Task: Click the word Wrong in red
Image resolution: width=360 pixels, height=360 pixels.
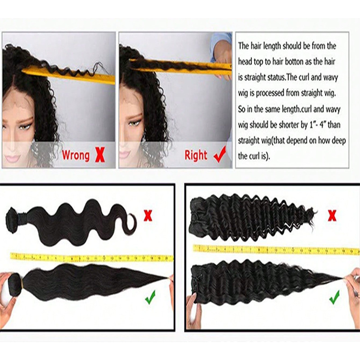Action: pyautogui.click(x=76, y=155)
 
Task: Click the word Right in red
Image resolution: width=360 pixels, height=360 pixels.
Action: pyautogui.click(x=196, y=155)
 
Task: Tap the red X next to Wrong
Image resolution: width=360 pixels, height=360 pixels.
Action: pyautogui.click(x=99, y=155)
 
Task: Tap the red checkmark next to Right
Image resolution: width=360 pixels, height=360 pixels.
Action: pyautogui.click(x=220, y=155)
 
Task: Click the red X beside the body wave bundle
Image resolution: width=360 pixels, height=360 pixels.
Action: pyautogui.click(x=148, y=216)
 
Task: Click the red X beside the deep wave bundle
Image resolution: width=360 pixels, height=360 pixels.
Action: pyautogui.click(x=332, y=216)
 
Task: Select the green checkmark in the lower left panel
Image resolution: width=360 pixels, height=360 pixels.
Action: pyautogui.click(x=150, y=297)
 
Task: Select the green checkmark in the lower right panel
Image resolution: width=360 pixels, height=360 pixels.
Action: pyautogui.click(x=334, y=297)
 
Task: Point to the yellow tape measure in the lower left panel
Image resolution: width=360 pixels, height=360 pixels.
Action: pyautogui.click(x=92, y=257)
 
